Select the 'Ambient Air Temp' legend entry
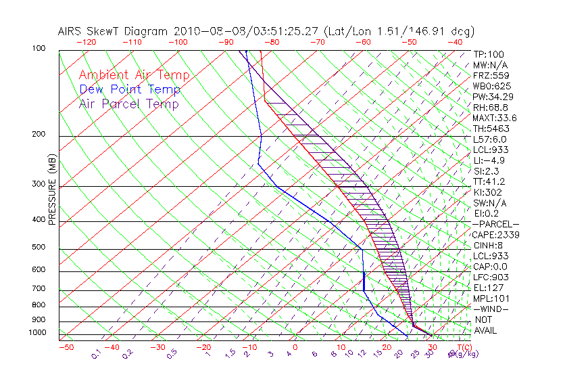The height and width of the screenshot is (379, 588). [134, 75]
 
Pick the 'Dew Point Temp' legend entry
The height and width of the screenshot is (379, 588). [129, 89]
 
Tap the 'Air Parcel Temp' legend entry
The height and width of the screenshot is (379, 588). [128, 104]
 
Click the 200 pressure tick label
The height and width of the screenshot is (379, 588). [39, 134]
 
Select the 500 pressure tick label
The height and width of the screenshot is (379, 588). [39, 247]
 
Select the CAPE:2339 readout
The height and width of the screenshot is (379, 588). [495, 234]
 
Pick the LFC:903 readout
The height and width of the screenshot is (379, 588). [491, 277]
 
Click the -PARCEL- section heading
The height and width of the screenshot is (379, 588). [495, 224]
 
